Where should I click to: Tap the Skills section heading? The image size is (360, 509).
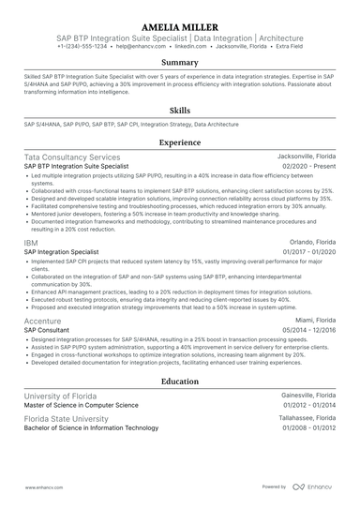click(x=179, y=110)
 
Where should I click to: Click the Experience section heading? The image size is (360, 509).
click(x=179, y=142)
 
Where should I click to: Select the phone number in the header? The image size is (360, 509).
click(x=81, y=45)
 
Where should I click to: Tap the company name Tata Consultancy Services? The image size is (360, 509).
click(x=72, y=157)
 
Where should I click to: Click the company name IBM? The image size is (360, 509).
click(x=31, y=241)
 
